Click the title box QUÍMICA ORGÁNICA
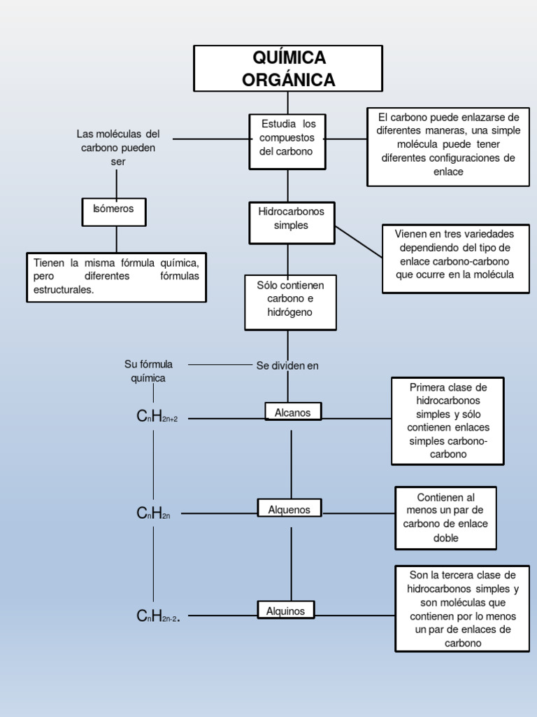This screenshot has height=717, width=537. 288,69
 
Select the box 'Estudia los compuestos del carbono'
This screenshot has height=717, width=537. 287,142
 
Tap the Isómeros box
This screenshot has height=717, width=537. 113,211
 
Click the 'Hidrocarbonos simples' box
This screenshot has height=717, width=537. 292,223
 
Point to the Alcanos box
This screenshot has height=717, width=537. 293,412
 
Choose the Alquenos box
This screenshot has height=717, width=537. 289,509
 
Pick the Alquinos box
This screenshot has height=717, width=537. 285,611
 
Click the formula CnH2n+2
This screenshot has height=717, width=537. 157,417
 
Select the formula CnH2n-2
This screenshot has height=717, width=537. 159,616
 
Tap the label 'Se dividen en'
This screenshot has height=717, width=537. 287,366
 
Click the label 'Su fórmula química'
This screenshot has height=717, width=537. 148,371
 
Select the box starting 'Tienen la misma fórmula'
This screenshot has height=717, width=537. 116,277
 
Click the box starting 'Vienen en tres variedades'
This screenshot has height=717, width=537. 455,258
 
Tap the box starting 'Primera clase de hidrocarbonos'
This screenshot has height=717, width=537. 447,421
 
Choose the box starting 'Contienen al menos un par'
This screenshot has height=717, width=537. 445,517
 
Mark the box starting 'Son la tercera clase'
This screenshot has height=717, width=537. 461,608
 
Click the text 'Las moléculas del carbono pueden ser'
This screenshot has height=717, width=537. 118,147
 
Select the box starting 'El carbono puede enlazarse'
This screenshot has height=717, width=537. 448,146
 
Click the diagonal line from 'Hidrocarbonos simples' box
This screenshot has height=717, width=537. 359,242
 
